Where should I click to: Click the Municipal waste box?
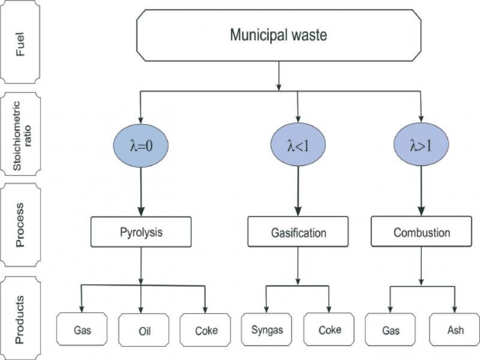(278, 35)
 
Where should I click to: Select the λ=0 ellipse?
(140, 145)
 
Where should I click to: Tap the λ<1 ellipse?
(298, 145)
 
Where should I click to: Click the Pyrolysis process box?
(141, 232)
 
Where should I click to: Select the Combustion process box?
(422, 232)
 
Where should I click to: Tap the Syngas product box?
(266, 329)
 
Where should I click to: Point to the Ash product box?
(454, 330)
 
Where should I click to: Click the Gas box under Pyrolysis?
(82, 330)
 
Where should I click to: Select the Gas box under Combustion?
(391, 330)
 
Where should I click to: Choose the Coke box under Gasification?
(329, 329)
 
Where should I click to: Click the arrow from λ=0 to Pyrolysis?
(141, 192)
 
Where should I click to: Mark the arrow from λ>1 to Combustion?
(421, 192)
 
